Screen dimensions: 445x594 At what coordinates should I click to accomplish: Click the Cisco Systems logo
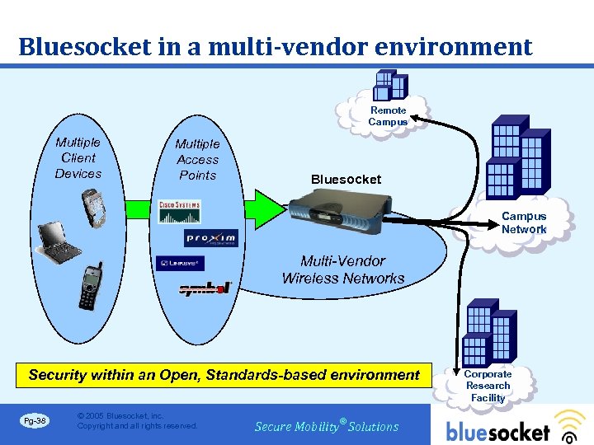179,213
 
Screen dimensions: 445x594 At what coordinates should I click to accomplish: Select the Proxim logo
210,238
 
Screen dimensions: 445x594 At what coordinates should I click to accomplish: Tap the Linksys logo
179,264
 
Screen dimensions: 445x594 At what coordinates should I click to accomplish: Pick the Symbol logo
205,288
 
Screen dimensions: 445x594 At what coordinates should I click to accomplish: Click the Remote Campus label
388,116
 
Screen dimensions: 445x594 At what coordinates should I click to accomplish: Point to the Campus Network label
524,222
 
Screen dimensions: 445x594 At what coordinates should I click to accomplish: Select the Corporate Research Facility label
488,386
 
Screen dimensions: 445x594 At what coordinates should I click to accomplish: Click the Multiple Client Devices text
78,158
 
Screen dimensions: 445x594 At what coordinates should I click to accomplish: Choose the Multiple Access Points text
197,160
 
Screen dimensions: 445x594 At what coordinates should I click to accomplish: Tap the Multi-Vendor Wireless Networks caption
343,270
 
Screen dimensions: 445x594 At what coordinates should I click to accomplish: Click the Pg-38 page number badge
35,421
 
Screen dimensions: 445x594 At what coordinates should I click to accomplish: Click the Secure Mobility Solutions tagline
327,426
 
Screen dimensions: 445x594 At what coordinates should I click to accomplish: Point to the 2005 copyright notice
137,421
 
